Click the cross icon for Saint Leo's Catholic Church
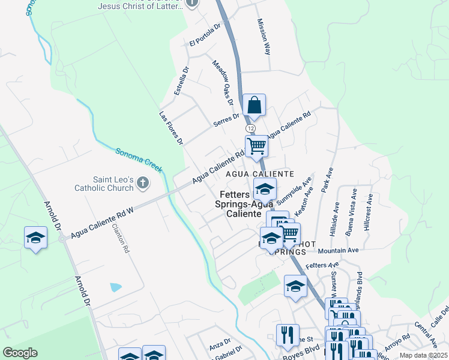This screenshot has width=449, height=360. [x=142, y=182]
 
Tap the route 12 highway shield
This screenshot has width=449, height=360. [x=250, y=128]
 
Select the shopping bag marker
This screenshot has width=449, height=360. [x=255, y=106]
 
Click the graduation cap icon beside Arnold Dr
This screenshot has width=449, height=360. [x=35, y=238]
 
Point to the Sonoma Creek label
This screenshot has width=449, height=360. [x=139, y=160]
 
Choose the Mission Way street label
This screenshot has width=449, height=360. [x=264, y=36]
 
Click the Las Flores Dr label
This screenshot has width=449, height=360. [x=170, y=128]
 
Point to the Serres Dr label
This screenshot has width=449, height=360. [x=226, y=120]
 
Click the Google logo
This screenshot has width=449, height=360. [x=20, y=353]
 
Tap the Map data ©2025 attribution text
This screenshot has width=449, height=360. [x=423, y=355]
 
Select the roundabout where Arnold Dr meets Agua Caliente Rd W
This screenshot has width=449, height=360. [x=63, y=238]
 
